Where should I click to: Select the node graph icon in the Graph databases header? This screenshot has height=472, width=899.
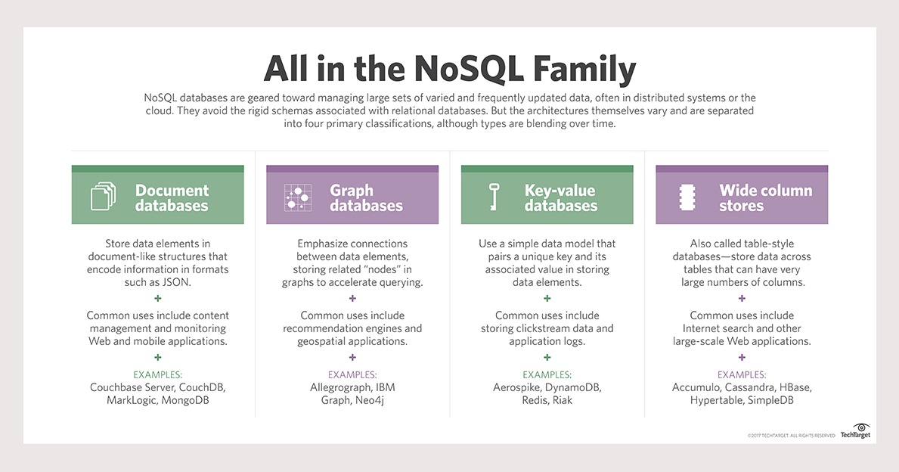(298, 197)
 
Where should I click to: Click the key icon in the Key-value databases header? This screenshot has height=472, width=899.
(494, 197)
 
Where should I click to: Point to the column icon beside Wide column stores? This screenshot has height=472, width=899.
(687, 197)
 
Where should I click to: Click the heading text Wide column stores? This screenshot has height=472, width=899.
(765, 197)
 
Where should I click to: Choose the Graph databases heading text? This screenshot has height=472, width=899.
(366, 197)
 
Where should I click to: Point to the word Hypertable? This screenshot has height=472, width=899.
(716, 400)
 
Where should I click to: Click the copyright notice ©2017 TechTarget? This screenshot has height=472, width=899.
(791, 436)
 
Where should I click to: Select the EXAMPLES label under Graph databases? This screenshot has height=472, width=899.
(352, 374)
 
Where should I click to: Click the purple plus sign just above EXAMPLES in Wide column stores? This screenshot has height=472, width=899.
(742, 357)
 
